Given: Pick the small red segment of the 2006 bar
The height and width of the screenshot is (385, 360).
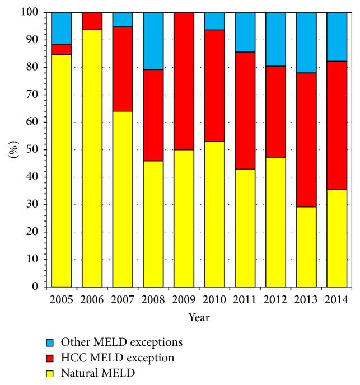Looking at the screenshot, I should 92,21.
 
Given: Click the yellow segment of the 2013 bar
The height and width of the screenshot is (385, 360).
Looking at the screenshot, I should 306,246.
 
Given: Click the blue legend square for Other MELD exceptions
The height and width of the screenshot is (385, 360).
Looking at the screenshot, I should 50,341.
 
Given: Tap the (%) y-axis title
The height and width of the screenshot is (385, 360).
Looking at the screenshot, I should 13,149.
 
